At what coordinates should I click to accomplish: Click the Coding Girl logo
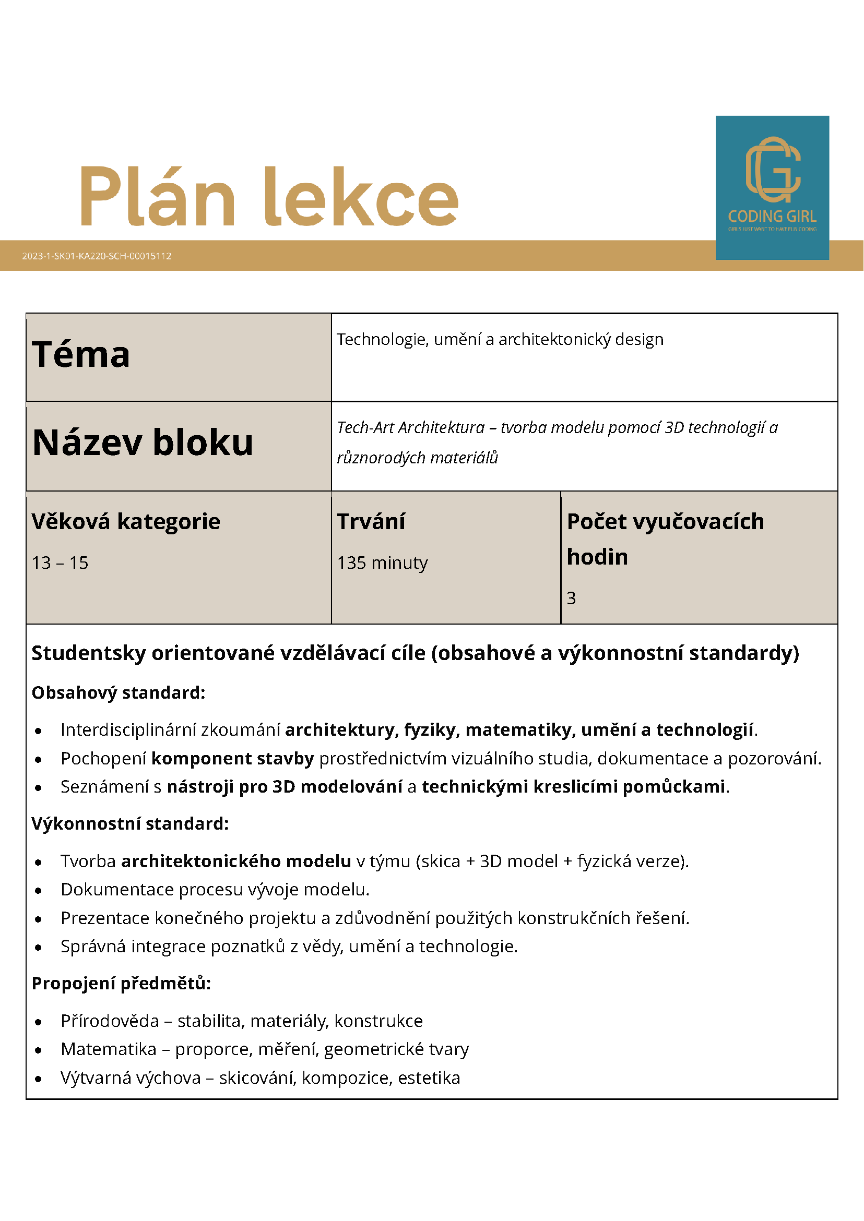[772, 187]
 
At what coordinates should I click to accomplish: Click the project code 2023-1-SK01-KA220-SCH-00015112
[97, 256]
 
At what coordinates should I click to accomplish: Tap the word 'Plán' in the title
[157, 197]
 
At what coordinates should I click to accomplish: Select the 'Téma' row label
[81, 355]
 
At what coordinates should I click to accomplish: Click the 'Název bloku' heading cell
[143, 443]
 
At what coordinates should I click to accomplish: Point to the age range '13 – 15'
[60, 562]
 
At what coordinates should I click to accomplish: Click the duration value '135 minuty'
[382, 562]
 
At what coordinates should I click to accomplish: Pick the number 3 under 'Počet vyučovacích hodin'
[571, 598]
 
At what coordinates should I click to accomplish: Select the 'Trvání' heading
[371, 522]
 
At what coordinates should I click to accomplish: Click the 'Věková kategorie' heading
[126, 522]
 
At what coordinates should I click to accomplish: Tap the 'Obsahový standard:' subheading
[118, 693]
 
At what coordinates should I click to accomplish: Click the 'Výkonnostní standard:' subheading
[130, 824]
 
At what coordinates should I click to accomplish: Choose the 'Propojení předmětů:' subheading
[121, 983]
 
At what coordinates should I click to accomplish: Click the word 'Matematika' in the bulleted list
[109, 1049]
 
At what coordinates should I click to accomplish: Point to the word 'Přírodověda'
[110, 1021]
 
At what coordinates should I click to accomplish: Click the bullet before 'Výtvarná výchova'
[38, 1079]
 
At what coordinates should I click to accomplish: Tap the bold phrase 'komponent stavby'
[232, 758]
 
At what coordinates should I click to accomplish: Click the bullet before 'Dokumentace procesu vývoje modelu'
[38, 891]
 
